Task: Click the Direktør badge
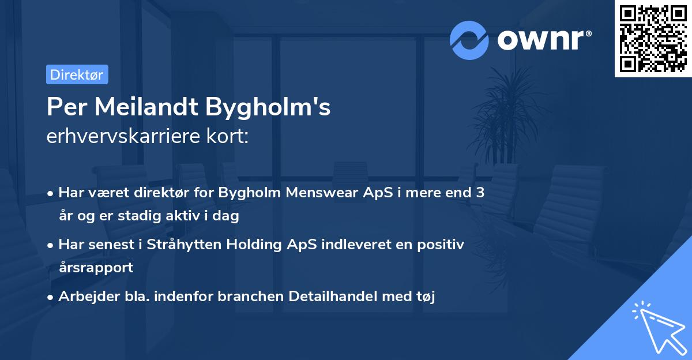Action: point(77,74)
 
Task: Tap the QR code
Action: point(653,38)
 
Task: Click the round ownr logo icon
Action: point(469,40)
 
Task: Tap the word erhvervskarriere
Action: point(127,137)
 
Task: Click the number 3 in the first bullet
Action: point(480,193)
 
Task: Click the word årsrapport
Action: point(96,267)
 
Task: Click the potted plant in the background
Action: point(507,115)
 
